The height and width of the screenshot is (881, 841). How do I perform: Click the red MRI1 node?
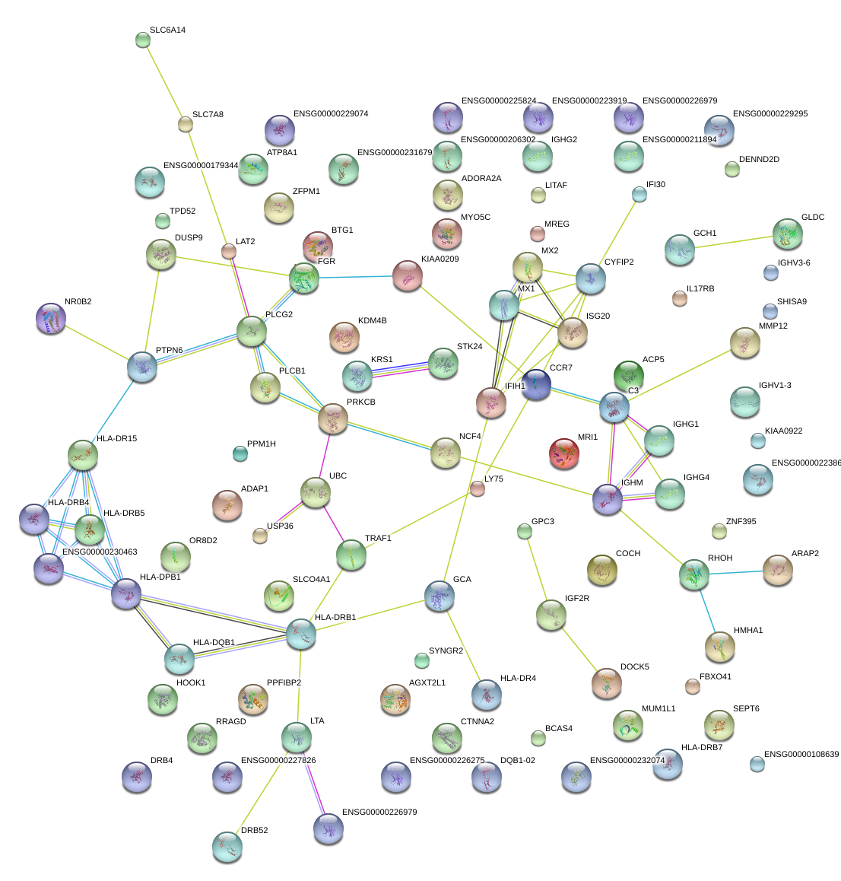click(x=563, y=453)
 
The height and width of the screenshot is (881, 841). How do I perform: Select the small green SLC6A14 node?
click(x=143, y=40)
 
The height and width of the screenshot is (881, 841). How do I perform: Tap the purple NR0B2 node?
click(x=50, y=318)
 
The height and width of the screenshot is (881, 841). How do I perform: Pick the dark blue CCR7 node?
click(x=536, y=384)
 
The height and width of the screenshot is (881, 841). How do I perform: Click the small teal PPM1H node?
click(x=240, y=453)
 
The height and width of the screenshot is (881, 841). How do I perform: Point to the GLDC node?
click(x=788, y=234)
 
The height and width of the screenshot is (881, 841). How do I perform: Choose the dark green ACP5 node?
click(x=629, y=375)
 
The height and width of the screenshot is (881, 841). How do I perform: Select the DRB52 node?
click(x=227, y=847)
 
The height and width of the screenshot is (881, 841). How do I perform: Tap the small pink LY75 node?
click(x=478, y=489)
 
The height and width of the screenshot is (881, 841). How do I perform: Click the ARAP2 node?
click(x=778, y=570)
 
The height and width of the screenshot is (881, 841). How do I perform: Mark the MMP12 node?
click(x=745, y=342)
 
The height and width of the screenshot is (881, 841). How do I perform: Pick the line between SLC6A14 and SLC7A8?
click(x=164, y=82)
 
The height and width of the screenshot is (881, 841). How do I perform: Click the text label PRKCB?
click(x=361, y=402)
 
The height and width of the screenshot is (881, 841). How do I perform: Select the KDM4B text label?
click(x=373, y=320)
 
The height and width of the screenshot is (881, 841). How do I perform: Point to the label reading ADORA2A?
click(x=481, y=178)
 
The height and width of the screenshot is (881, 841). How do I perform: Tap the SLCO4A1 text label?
click(x=311, y=579)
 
